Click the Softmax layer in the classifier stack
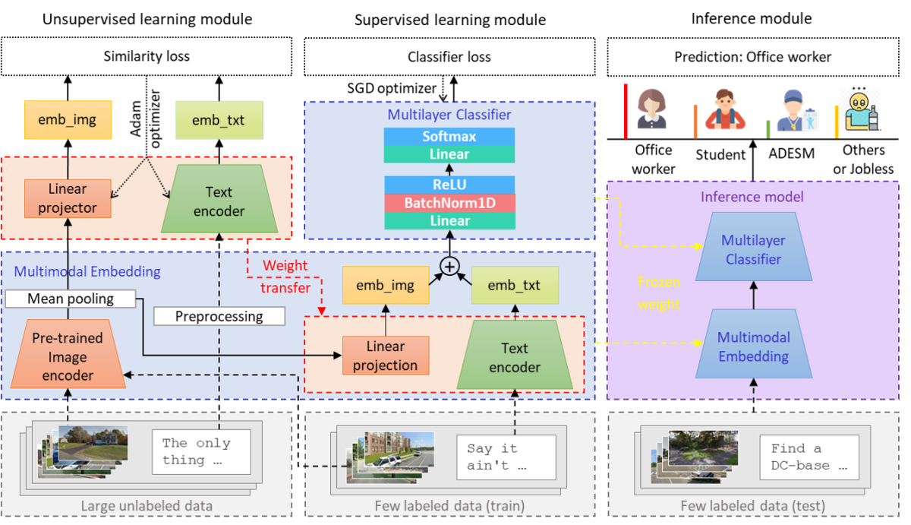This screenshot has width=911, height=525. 449,137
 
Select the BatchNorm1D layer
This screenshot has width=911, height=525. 449,203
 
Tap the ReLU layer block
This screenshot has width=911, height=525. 449,185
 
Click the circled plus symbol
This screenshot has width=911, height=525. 451,266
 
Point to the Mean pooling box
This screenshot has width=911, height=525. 70,299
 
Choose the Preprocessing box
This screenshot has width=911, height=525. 219,316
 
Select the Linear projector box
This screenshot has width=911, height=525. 68,198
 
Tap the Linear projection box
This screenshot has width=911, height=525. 385,356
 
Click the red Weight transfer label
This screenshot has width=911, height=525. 285,277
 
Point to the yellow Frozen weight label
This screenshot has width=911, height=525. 658,293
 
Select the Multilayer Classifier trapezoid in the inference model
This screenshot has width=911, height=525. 753,250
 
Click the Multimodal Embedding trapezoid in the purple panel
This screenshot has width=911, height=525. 753,346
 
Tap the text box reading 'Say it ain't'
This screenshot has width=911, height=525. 506,457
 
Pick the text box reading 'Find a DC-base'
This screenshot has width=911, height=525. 809,457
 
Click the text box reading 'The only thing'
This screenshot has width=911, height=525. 200,452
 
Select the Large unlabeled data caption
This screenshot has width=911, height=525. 147,506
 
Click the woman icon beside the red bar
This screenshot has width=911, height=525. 651,109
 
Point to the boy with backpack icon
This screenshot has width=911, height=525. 724,111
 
